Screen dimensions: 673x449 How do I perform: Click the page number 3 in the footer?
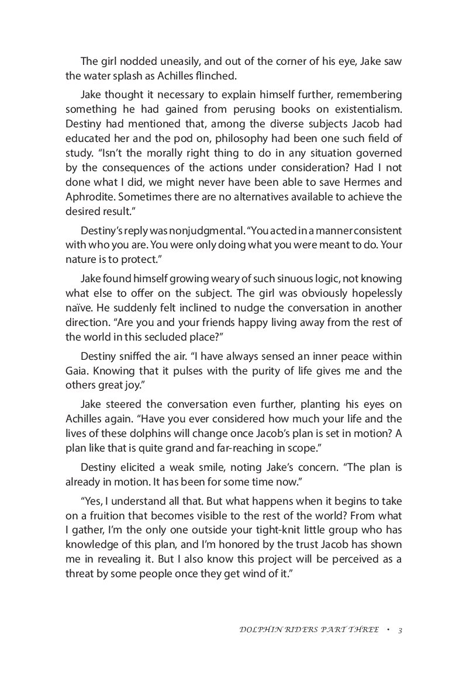[399, 630]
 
